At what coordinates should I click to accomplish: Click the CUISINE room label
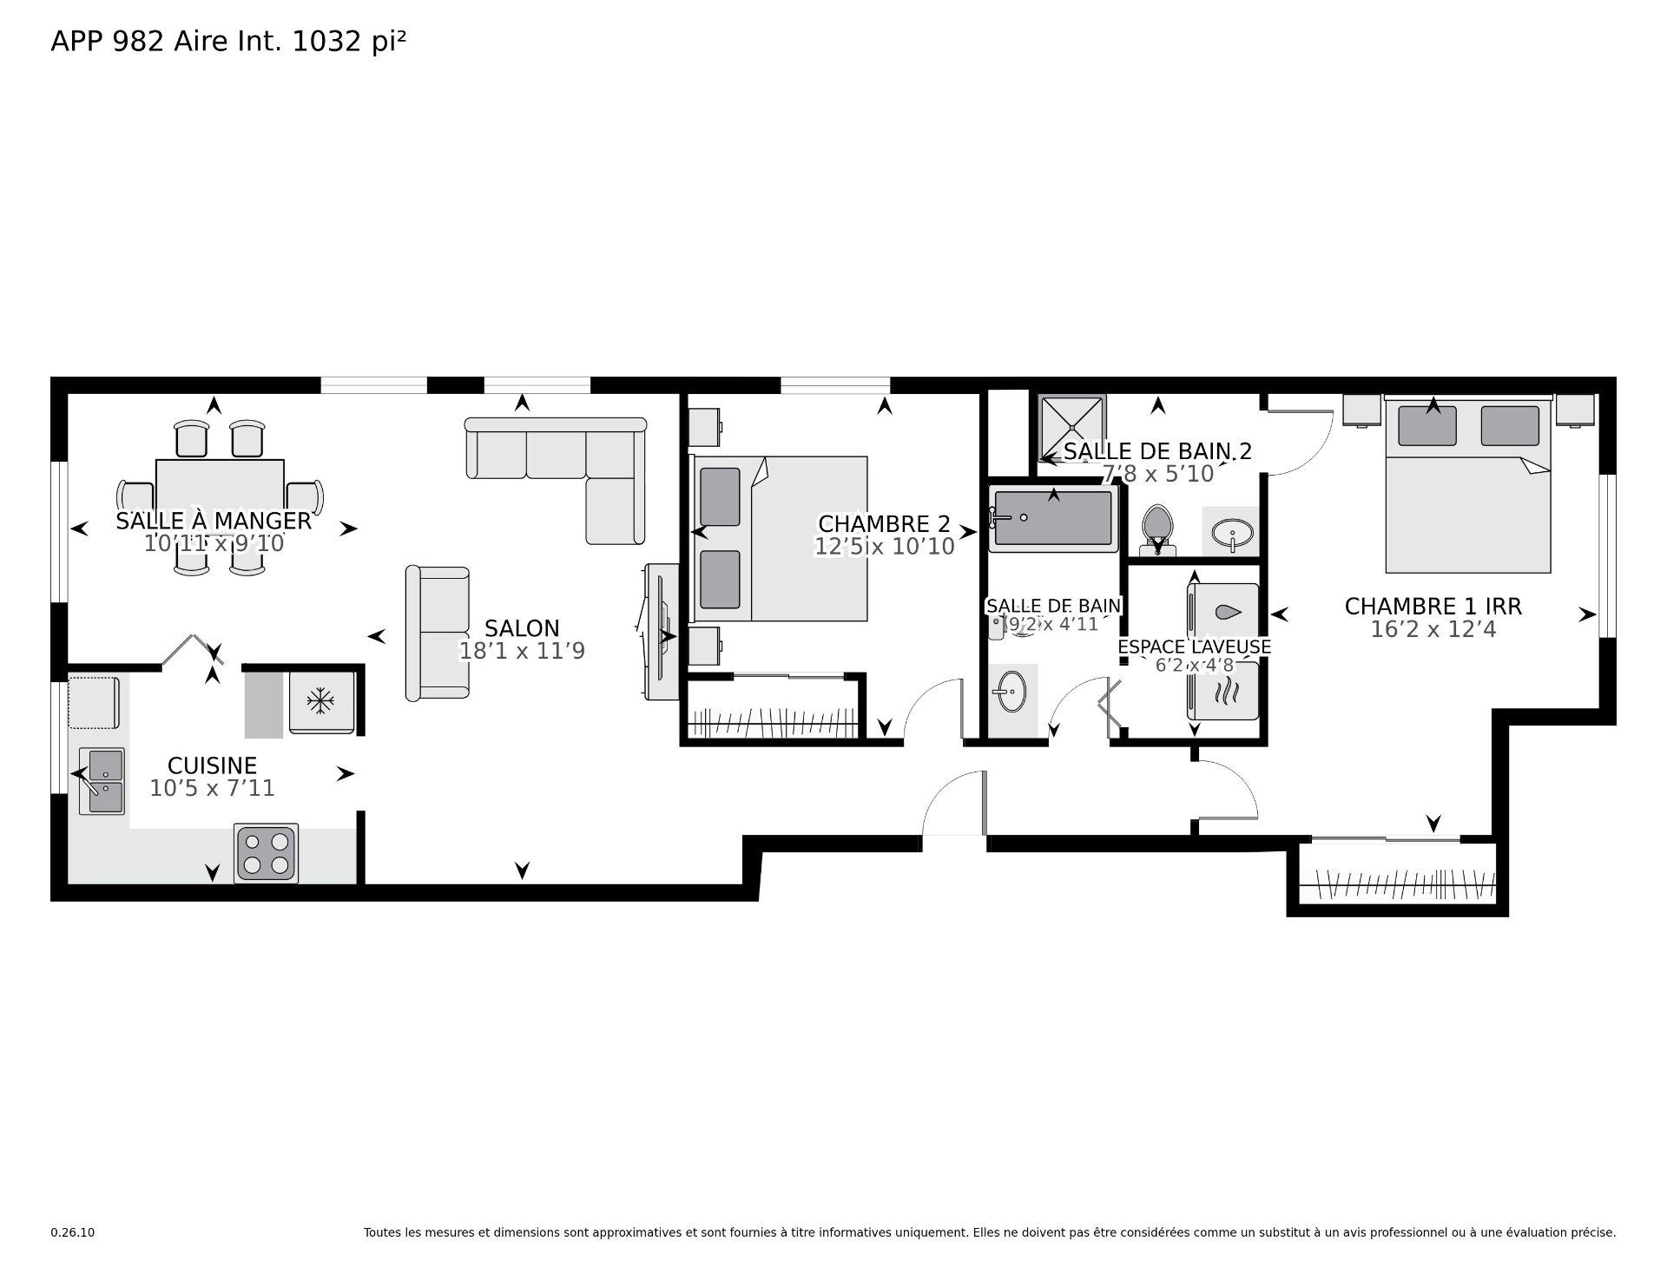212,765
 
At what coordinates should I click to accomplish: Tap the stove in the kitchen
266,853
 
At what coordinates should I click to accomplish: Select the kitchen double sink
102,781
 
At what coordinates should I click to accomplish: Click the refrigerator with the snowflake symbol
321,701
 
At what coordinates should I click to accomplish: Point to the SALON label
522,628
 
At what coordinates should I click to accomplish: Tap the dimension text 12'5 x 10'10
884,547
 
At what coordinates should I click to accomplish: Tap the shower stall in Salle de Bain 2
1073,429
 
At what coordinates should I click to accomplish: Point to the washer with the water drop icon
1222,614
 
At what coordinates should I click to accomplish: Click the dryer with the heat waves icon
1222,691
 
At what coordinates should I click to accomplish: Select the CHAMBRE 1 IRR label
1433,606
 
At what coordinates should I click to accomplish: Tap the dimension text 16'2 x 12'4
1433,629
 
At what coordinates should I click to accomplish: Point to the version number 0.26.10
73,1232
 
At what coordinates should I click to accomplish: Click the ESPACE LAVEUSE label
1194,647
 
